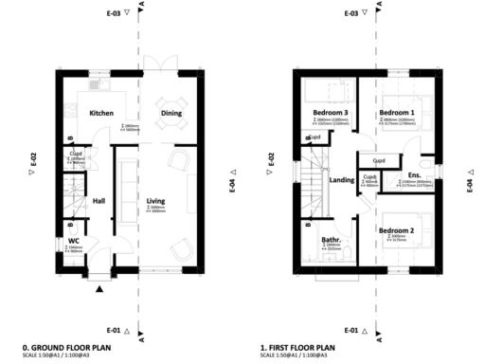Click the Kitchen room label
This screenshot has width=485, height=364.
click(x=102, y=114)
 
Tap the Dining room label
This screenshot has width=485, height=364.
click(x=171, y=114)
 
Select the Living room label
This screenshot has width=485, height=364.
click(x=156, y=200)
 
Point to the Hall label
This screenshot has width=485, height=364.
click(x=99, y=200)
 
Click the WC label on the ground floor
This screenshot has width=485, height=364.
click(x=74, y=241)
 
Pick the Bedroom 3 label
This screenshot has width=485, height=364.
click(x=331, y=114)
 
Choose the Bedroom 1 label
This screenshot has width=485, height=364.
click(x=395, y=114)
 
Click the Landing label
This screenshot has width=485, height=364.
click(x=341, y=180)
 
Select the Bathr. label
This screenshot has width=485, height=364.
click(x=332, y=240)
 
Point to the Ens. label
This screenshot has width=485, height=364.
click(x=414, y=175)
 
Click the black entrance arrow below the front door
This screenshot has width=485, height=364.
click(x=99, y=291)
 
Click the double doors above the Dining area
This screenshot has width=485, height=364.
click(x=161, y=64)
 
